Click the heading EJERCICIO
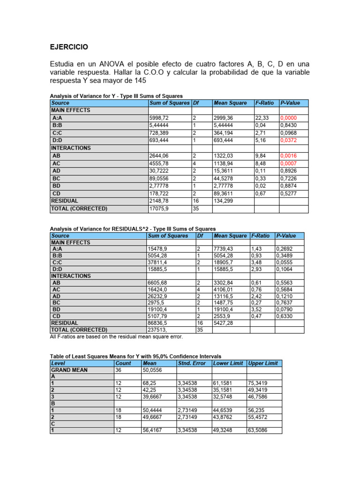(68, 47)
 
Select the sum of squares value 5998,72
(159, 118)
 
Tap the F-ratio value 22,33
(262, 118)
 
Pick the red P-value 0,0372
(289, 140)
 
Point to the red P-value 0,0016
(289, 156)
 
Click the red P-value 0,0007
(289, 163)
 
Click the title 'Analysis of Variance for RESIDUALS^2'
(133, 228)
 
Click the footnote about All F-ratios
(116, 337)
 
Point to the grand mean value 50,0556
(153, 370)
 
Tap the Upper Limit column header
(263, 363)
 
